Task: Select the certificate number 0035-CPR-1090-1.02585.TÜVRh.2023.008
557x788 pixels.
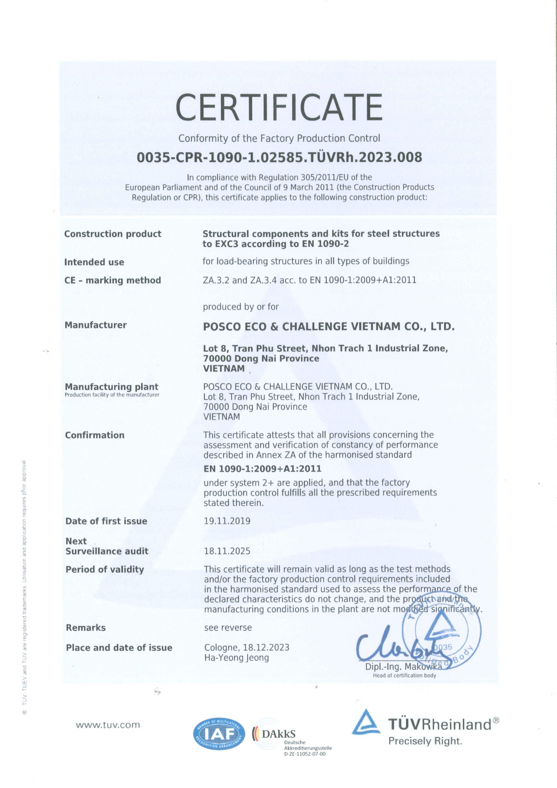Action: (279, 157)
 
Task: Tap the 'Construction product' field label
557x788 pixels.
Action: (113, 234)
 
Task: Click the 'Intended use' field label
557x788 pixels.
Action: (94, 262)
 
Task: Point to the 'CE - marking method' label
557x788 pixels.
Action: (113, 280)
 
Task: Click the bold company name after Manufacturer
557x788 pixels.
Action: (329, 326)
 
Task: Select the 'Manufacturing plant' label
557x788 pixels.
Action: (111, 387)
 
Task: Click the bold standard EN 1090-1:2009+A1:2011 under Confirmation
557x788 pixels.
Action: (262, 468)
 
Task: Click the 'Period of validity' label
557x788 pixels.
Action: (105, 569)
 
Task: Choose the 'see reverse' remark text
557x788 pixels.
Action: (228, 628)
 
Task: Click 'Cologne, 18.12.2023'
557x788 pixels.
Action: (247, 648)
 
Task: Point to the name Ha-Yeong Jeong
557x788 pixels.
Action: (236, 658)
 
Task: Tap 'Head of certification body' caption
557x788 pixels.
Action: (404, 676)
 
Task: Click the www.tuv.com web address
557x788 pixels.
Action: (108, 725)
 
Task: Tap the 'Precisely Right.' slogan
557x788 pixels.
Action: (425, 741)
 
